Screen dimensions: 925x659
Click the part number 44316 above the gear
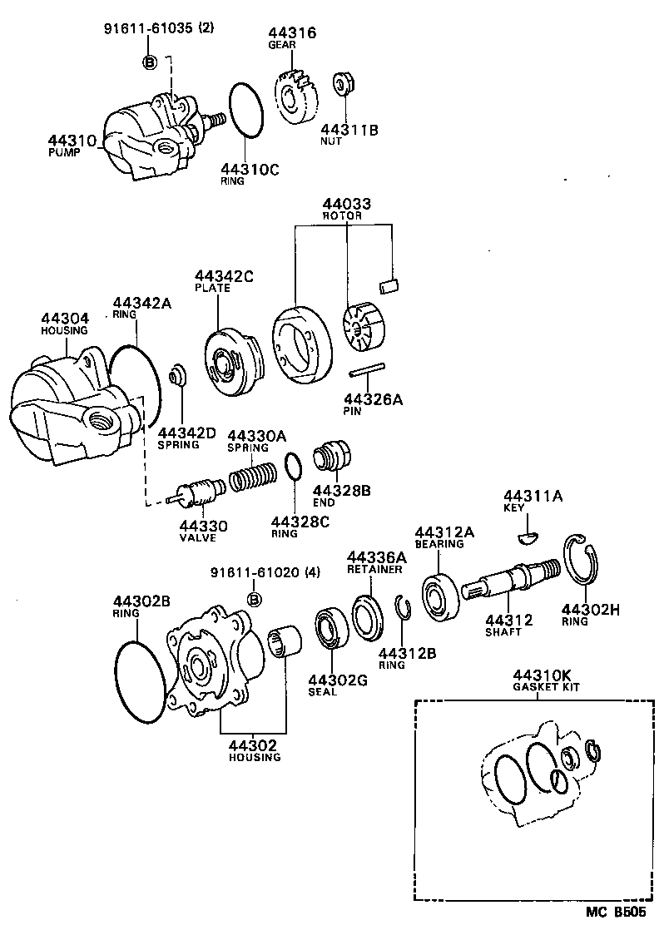pos(291,33)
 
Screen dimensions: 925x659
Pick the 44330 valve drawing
pos(195,494)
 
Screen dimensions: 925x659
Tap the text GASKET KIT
pos(546,688)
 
